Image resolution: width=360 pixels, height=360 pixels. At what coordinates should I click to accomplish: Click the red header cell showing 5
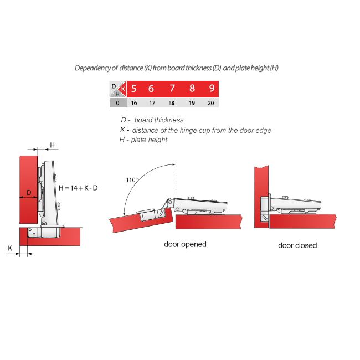(134, 89)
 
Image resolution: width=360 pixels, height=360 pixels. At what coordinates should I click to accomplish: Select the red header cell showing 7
(172, 89)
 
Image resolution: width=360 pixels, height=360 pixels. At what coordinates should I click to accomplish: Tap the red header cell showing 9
(211, 89)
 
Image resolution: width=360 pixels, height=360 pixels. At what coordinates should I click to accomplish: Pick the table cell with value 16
(134, 103)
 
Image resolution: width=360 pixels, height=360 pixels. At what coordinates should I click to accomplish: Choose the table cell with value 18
(172, 103)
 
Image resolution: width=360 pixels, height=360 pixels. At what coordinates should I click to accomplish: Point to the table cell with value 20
(211, 103)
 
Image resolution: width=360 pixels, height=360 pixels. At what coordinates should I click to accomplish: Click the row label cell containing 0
(117, 103)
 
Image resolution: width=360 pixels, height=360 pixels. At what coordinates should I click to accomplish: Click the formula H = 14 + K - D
(78, 188)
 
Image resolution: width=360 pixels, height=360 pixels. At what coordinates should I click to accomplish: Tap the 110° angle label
(131, 180)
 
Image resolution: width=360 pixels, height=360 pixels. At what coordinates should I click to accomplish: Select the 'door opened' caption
(185, 244)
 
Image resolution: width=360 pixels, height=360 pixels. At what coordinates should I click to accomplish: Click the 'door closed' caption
(297, 245)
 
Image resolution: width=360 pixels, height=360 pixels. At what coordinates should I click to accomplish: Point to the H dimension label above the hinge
(52, 145)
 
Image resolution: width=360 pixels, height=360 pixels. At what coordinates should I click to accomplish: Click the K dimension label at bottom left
(9, 249)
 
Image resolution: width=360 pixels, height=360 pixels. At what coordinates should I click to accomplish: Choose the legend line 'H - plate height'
(143, 140)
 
